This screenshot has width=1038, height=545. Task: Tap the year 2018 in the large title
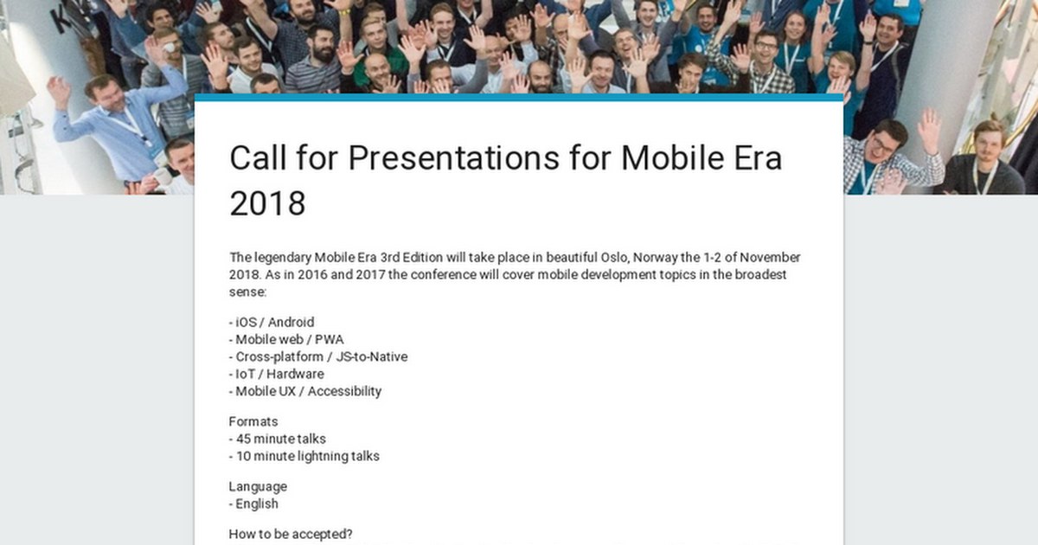tap(267, 203)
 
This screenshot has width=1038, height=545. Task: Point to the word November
tap(770, 257)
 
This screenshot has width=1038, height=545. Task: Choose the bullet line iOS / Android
tap(272, 322)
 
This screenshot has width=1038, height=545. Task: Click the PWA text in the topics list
tap(329, 339)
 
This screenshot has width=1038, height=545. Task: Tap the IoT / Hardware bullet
tap(277, 374)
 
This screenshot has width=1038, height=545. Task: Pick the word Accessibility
tap(344, 392)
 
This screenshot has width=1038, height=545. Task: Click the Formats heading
tap(253, 422)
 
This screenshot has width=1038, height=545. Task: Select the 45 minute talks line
tap(278, 439)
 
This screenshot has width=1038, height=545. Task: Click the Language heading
tap(258, 486)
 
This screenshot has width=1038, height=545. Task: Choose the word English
tap(257, 503)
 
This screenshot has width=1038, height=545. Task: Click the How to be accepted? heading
tap(291, 535)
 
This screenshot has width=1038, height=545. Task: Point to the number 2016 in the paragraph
tap(312, 274)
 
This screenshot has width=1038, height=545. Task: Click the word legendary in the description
tap(283, 258)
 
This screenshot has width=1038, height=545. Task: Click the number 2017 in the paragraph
tap(370, 274)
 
